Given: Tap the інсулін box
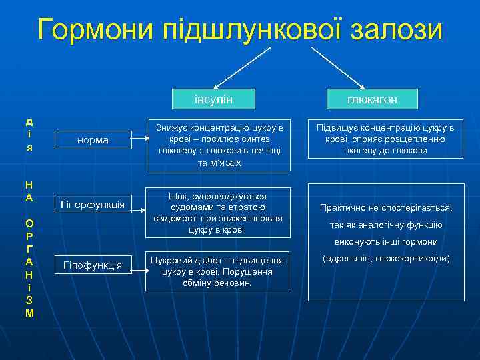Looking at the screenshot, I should click(x=213, y=99).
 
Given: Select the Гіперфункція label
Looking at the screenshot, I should click(x=93, y=204).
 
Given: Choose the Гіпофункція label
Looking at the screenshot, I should click(x=93, y=265).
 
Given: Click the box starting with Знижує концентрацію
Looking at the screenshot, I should click(x=219, y=144).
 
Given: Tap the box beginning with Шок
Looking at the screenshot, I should click(x=219, y=213).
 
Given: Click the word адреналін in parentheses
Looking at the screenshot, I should click(x=349, y=258).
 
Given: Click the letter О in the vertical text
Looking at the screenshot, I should click(x=29, y=223).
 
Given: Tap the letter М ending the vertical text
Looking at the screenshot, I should click(x=29, y=313).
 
